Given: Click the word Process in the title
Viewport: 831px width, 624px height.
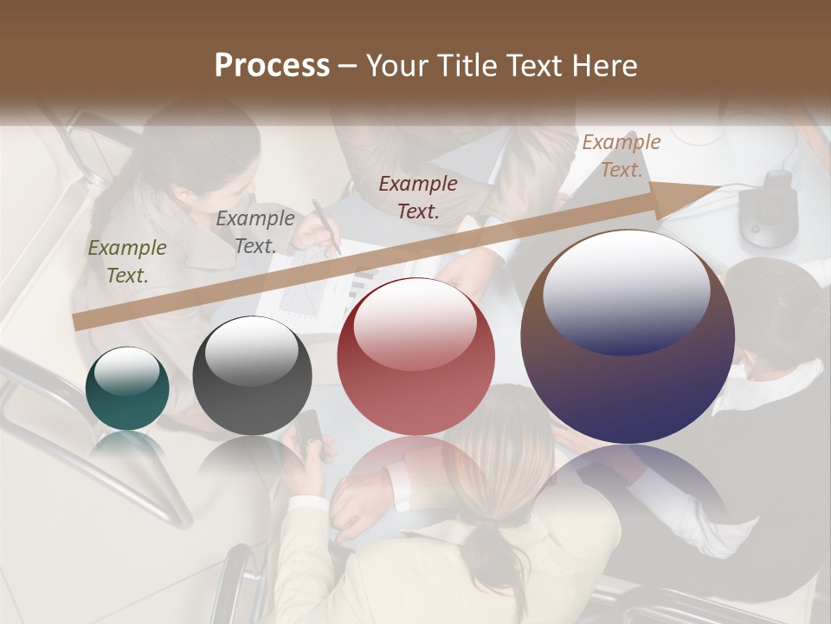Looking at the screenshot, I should [272, 65].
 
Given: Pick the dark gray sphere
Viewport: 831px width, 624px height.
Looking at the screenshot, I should [252, 377].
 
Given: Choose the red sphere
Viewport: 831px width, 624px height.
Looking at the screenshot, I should [415, 357].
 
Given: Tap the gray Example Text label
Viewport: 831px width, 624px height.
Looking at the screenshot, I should [255, 232].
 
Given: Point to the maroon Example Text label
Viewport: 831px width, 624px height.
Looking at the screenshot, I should [418, 197].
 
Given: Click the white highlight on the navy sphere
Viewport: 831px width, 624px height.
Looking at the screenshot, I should [626, 291].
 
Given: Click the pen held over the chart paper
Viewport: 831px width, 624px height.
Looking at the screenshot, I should [325, 225].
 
